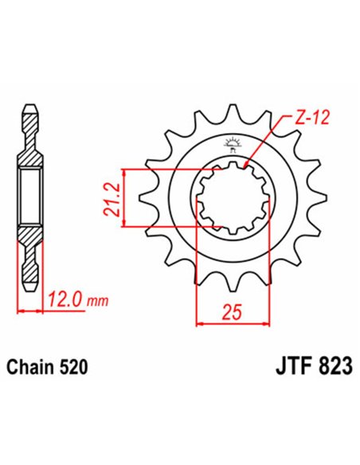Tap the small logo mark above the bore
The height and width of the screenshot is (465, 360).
coord(233,143)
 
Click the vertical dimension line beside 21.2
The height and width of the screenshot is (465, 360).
coord(125,199)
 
